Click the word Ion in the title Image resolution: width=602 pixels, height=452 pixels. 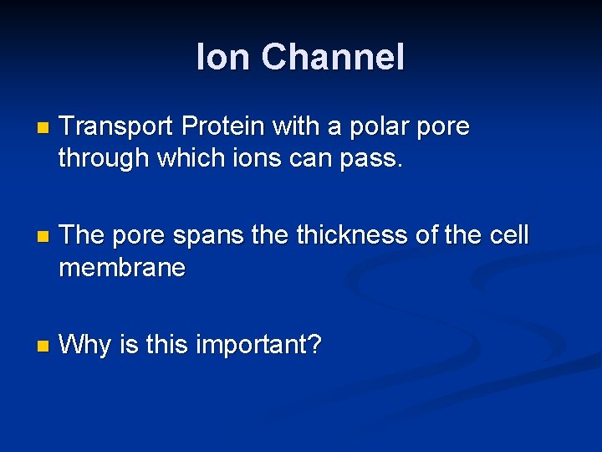[223, 58]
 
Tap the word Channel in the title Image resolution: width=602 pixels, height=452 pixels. [333, 58]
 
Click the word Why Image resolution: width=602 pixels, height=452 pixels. [85, 345]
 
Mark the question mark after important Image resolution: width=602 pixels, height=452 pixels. [314, 344]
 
